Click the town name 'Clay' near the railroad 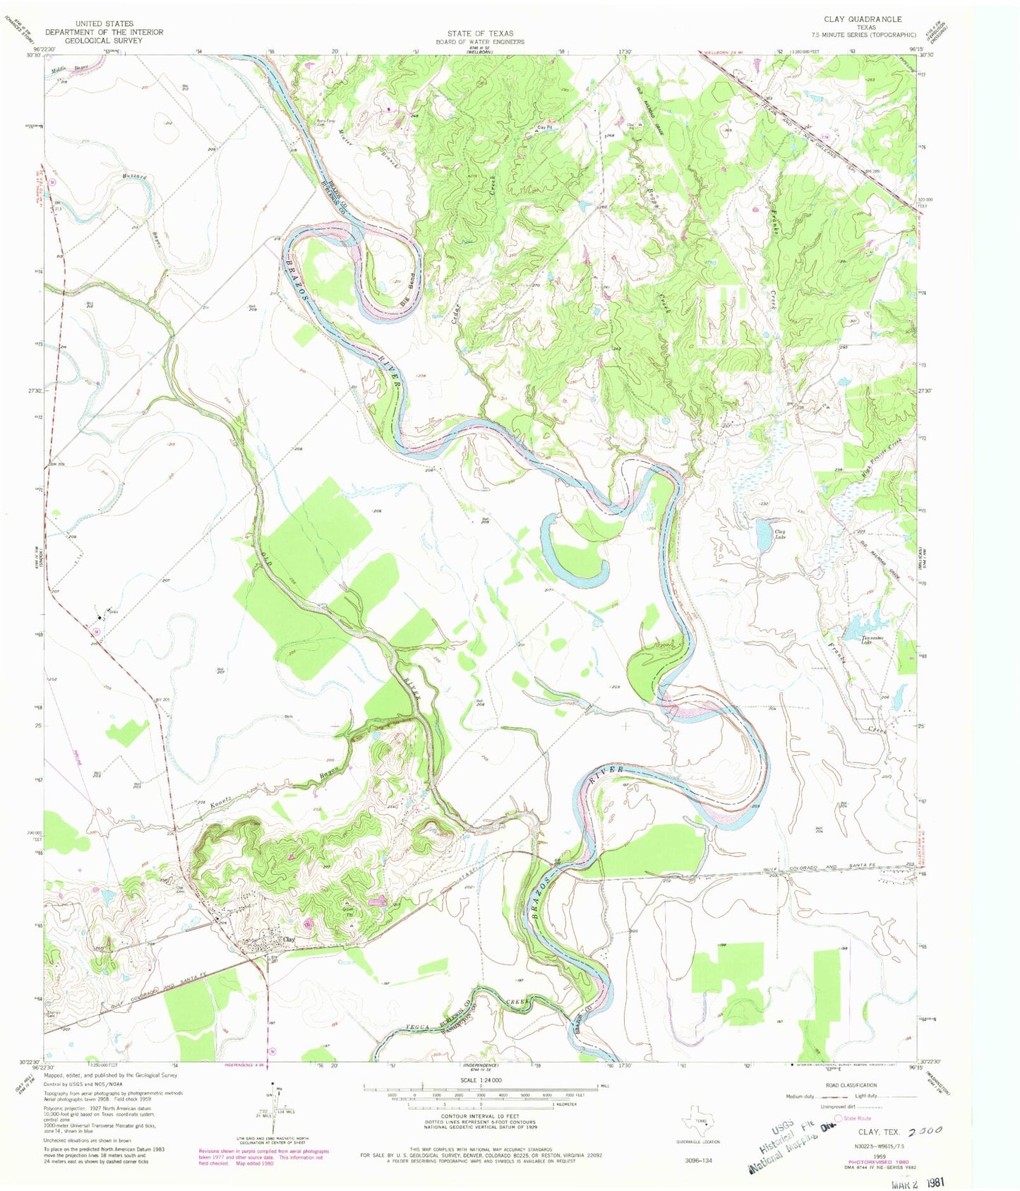[x=287, y=940]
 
